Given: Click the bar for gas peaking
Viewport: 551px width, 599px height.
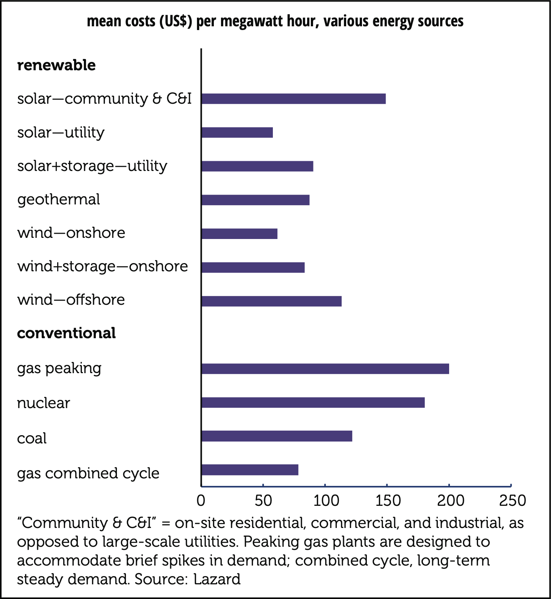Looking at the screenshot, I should point(325,369).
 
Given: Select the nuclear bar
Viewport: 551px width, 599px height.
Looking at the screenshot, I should point(313,402).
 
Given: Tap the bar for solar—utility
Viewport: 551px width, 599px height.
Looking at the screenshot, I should point(237,132).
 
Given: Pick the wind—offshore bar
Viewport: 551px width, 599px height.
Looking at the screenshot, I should point(271,301).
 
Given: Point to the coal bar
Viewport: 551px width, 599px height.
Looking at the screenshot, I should point(277,436).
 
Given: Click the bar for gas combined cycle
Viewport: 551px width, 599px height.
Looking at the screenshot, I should point(250,470).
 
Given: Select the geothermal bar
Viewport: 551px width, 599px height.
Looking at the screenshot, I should point(256,200).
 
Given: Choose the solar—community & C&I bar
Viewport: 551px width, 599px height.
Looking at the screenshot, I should point(294,99).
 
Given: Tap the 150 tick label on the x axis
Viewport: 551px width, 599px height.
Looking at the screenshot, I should point(388,501).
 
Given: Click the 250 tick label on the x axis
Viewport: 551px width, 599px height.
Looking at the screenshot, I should point(512,501).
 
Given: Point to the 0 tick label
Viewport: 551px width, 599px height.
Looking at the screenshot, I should point(201,501).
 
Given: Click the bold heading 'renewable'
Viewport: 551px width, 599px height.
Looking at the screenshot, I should point(56,65).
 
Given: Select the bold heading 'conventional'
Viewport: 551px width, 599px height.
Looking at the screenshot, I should point(67,333).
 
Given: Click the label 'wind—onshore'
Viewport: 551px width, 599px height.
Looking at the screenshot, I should point(71,233).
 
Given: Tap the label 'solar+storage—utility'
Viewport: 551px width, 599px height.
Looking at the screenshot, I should point(92,166).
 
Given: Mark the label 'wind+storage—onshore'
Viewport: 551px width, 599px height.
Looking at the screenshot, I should point(103,266).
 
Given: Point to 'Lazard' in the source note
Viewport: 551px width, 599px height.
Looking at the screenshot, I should point(217,579).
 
